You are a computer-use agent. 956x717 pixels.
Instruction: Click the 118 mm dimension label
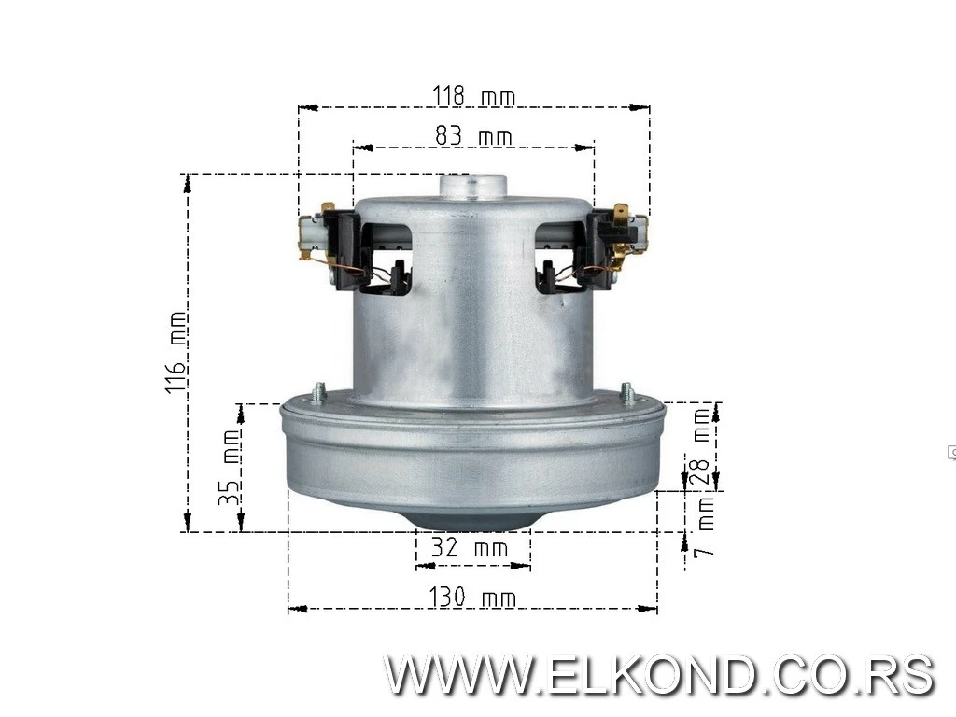(473, 96)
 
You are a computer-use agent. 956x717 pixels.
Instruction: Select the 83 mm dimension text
(473, 136)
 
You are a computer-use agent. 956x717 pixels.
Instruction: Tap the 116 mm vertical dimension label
(176, 352)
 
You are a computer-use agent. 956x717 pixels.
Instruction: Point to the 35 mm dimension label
(229, 467)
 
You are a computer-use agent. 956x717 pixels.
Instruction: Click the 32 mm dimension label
(470, 548)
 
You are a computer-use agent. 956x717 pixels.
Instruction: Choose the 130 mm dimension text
(471, 597)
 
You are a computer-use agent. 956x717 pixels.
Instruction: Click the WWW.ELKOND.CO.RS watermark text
(659, 675)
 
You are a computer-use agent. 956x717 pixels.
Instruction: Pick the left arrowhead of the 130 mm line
(293, 609)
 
